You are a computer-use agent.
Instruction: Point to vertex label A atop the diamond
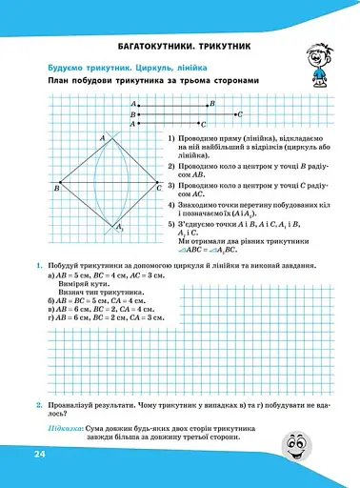coord(102,139)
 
